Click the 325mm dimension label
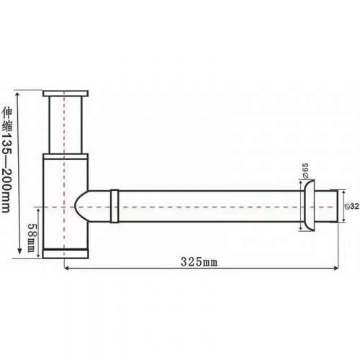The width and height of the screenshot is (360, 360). pyautogui.click(x=199, y=262)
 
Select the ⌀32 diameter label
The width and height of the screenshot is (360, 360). pyautogui.click(x=353, y=206)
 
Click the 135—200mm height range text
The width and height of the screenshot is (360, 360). pyautogui.click(x=6, y=173)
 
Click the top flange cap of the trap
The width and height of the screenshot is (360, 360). pyautogui.click(x=66, y=94)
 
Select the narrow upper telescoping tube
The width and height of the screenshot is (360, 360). pyautogui.click(x=66, y=125)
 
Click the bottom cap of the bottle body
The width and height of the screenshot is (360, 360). pyautogui.click(x=66, y=254)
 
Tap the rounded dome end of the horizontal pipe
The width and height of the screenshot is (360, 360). pyautogui.click(x=81, y=206)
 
